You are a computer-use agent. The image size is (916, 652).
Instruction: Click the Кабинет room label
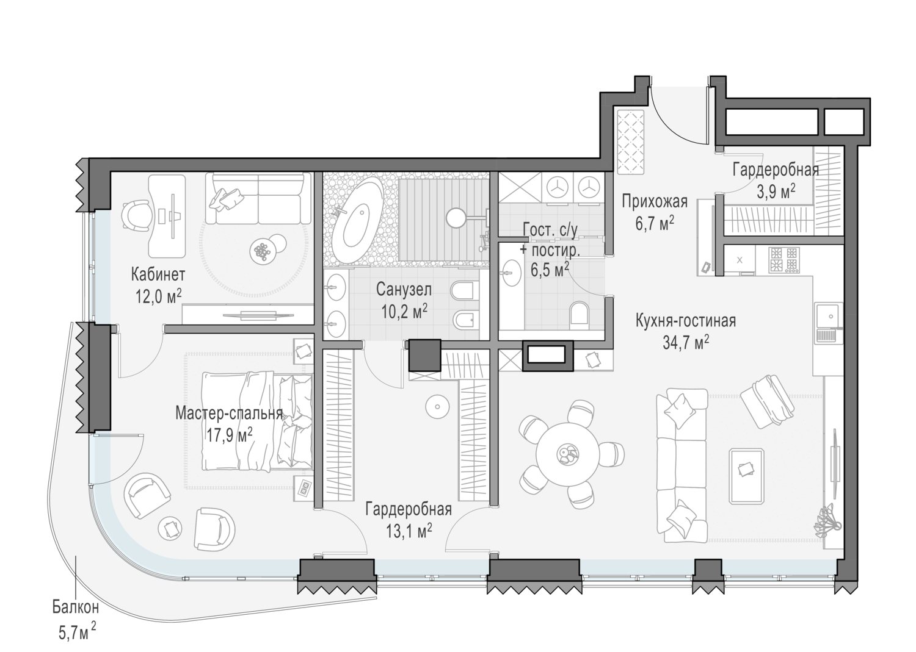158,274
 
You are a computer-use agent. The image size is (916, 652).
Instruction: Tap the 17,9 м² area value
229,435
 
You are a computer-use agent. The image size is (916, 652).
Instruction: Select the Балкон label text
75,607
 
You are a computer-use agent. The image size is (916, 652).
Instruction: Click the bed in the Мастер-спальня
256,421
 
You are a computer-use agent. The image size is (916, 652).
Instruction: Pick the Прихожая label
654,201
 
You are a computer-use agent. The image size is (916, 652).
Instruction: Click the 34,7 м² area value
686,342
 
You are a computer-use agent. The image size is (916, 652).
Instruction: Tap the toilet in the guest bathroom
579,316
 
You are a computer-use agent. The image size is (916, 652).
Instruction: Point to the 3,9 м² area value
776,191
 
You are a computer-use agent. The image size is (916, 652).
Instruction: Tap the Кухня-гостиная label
686,321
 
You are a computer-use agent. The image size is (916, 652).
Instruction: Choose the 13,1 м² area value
409,531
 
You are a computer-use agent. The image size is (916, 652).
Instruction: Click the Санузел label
404,289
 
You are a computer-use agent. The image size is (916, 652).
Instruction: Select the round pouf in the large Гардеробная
437,406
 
